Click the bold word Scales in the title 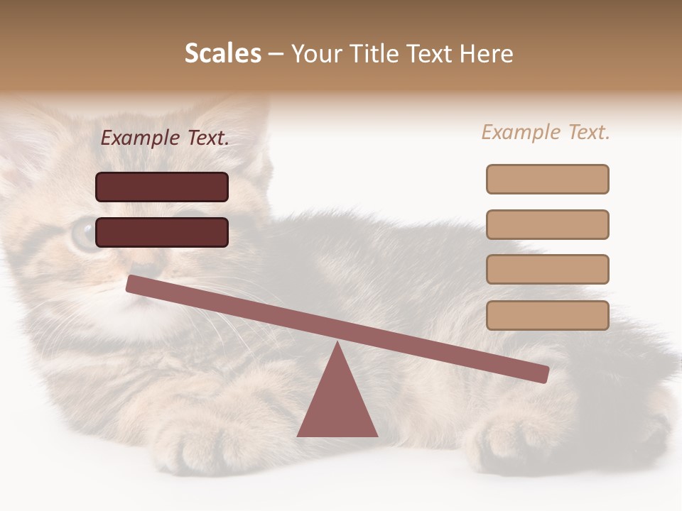[x=222, y=53]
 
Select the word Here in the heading [x=486, y=53]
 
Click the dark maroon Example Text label [x=165, y=138]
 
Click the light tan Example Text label [x=546, y=132]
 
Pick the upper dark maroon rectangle [x=162, y=187]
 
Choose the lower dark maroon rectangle [x=162, y=232]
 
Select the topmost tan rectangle [x=547, y=179]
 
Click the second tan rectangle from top [x=547, y=224]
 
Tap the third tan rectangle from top [x=547, y=269]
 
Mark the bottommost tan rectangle [x=547, y=315]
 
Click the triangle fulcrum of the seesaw [x=337, y=402]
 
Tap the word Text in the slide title [x=427, y=53]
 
